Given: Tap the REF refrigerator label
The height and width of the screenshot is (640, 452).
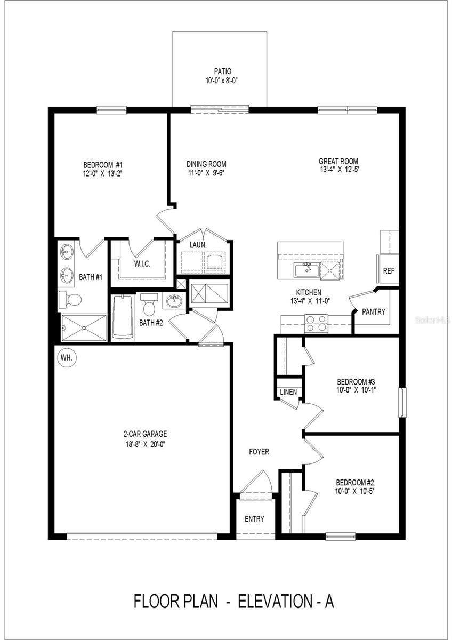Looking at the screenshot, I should point(389,271).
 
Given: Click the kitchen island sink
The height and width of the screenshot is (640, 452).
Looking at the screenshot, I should point(306,270).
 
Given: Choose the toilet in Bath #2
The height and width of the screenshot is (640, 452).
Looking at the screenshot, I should point(149,305).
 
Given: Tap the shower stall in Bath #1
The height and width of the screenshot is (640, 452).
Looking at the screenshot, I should point(84,326).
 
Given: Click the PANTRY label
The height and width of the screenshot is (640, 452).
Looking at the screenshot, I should point(373,311).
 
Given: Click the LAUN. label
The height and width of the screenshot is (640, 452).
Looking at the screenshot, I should point(198,245).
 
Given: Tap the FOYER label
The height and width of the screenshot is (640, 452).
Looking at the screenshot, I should point(259,452).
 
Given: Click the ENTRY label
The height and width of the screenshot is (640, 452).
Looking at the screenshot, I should point(254,519).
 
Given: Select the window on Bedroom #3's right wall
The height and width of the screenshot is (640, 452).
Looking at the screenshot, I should point(403,402).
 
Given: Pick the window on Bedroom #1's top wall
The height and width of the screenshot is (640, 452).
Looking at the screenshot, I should point(111,110).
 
